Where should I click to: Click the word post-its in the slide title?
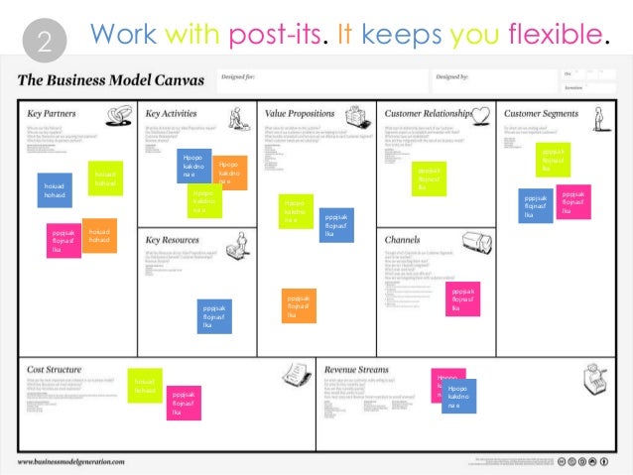(x=278, y=36)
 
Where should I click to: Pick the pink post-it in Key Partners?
(x=63, y=240)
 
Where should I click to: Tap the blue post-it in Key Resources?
(x=214, y=316)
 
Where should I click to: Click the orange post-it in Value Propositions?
(x=298, y=305)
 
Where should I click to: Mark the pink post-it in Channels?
(x=463, y=298)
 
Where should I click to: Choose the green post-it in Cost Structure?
(x=145, y=386)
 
